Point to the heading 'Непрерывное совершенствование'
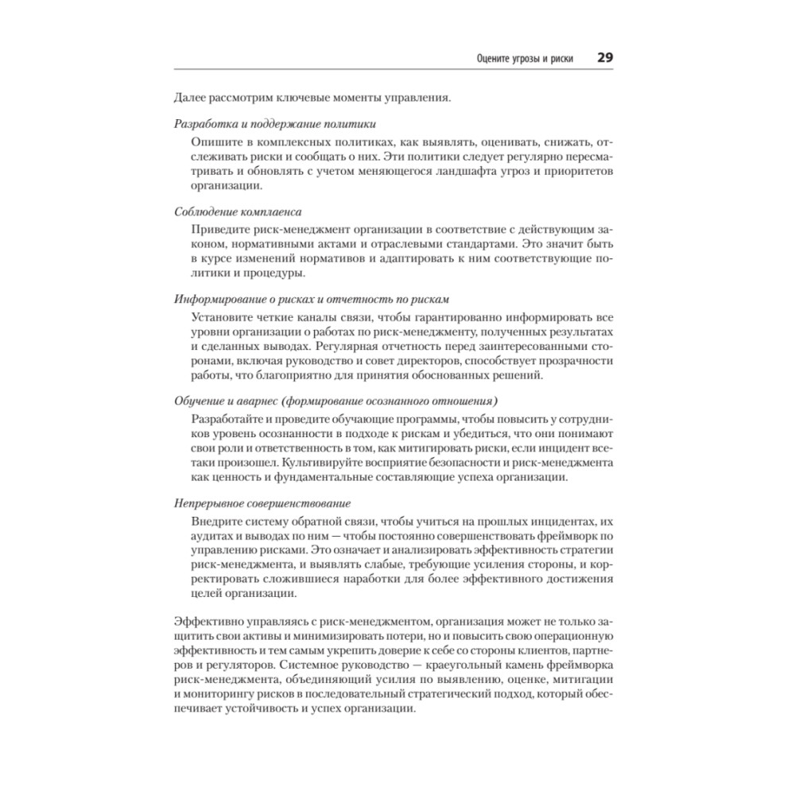click(262, 504)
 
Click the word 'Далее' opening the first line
click(189, 98)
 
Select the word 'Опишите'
click(215, 141)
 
